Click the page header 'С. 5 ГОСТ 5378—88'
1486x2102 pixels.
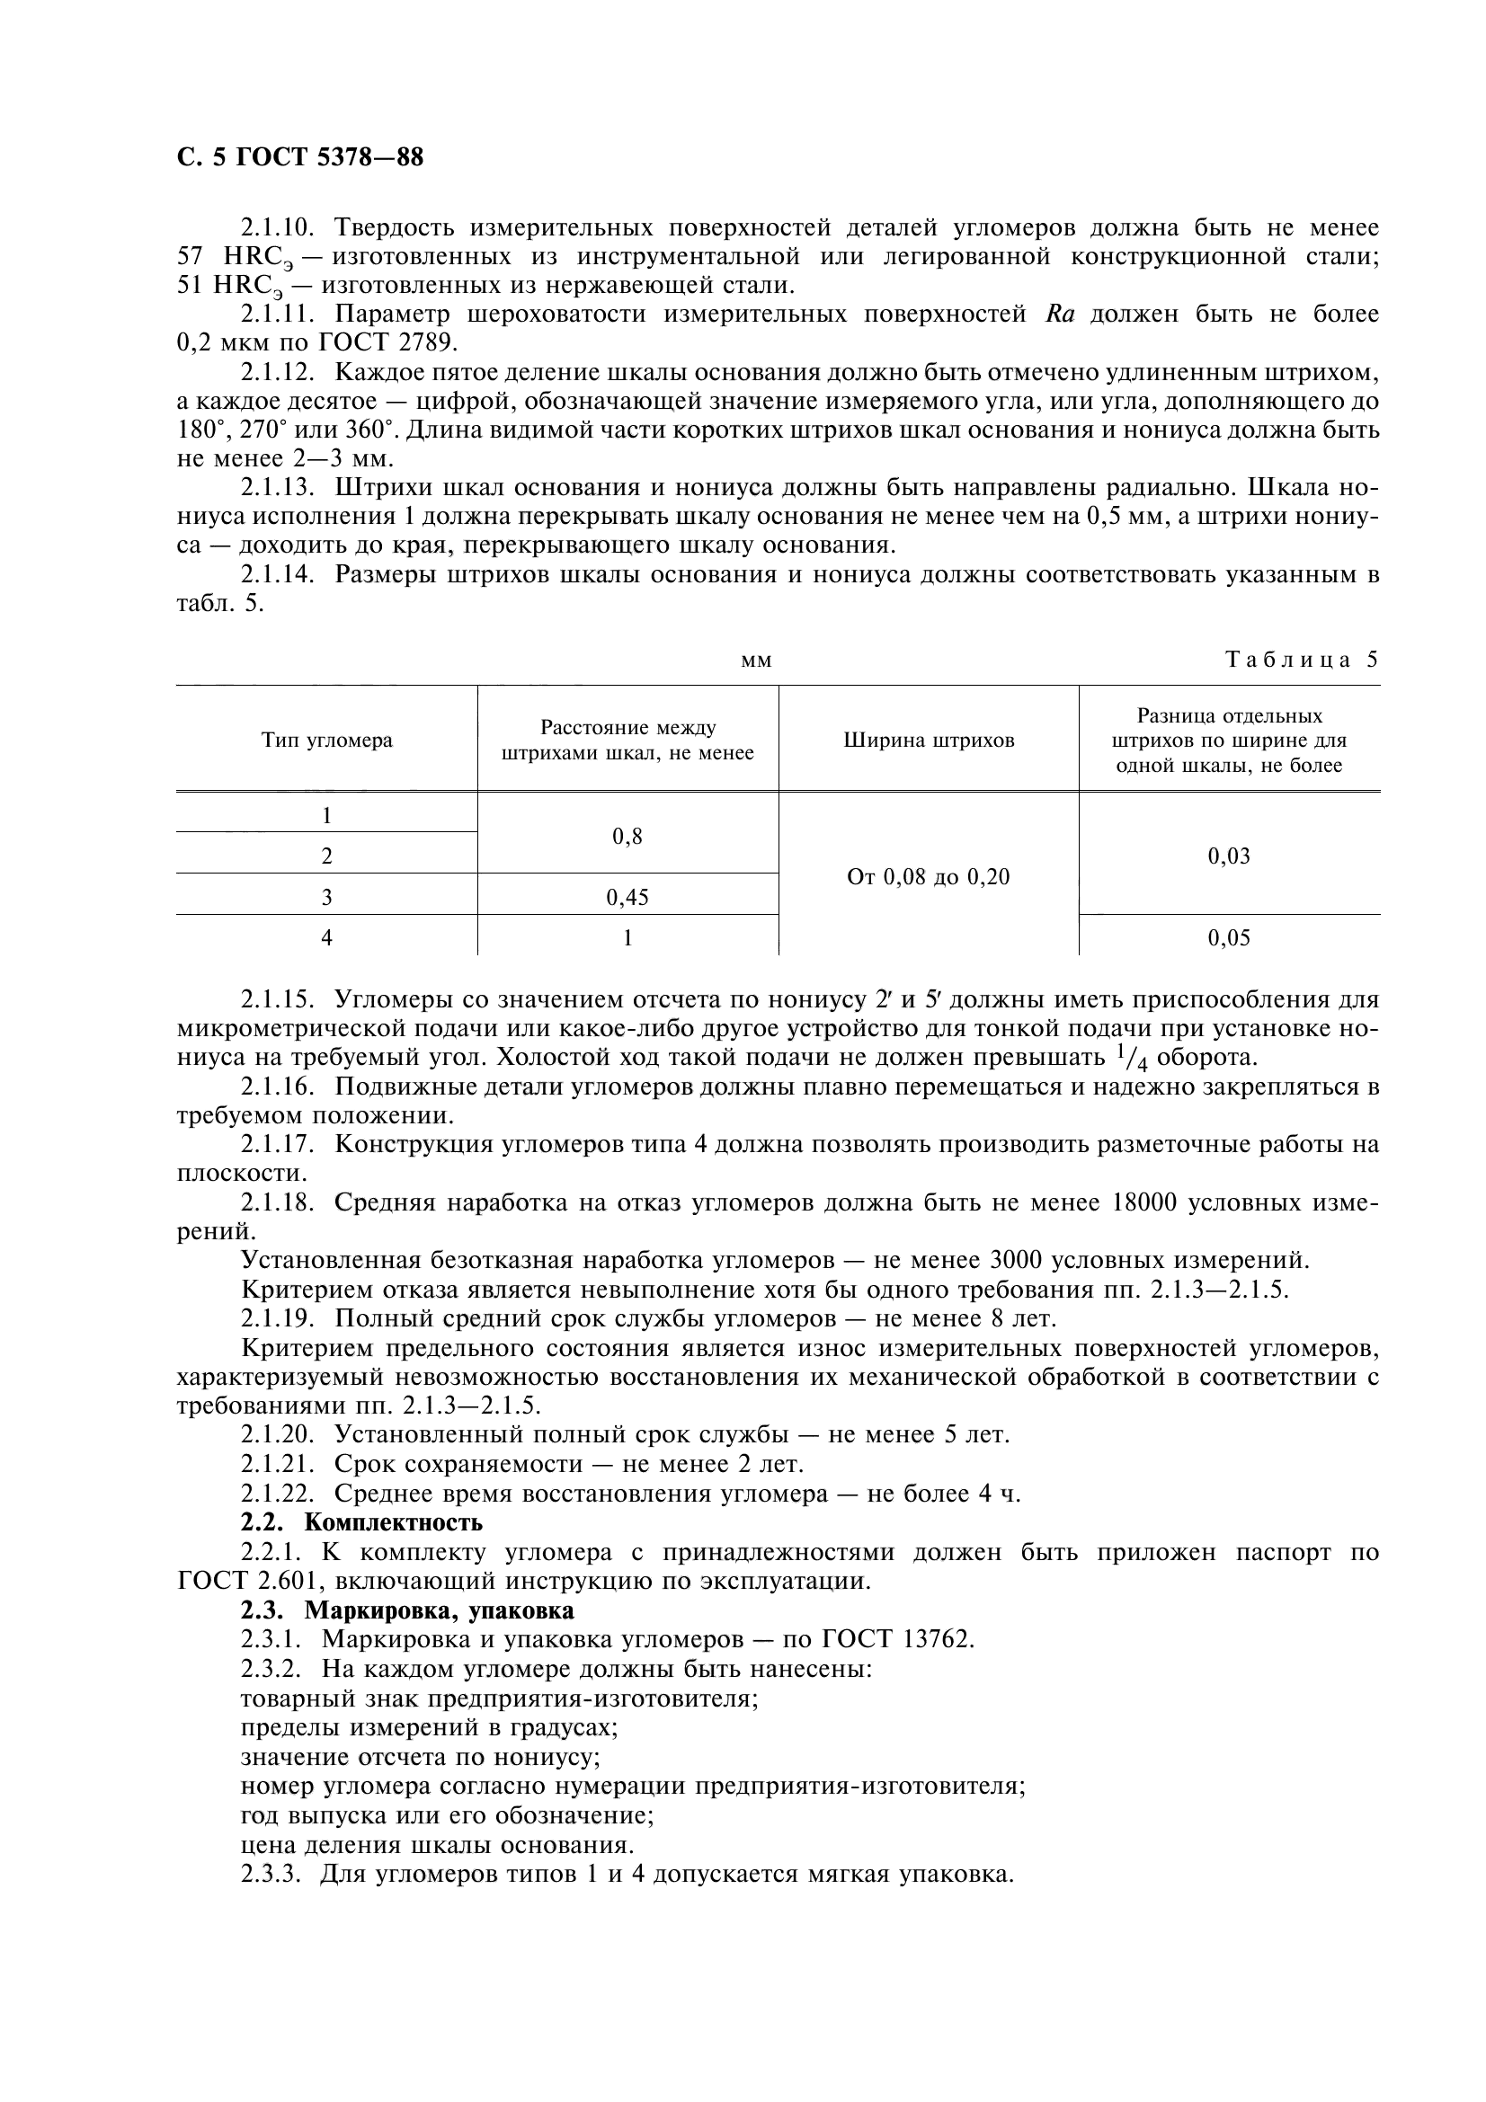299,158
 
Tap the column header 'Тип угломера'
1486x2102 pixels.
327,740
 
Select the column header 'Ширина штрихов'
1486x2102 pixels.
929,740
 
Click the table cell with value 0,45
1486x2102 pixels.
627,897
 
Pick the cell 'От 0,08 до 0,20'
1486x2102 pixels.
929,876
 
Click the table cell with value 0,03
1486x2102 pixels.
1229,856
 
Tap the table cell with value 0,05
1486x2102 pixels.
1229,937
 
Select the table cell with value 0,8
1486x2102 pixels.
627,836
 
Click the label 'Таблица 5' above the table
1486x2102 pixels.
1301,661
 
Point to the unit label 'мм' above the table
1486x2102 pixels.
756,661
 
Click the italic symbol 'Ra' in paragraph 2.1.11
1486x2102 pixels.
1058,314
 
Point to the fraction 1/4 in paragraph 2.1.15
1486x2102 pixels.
1133,1058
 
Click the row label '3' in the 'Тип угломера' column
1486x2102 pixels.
327,897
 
